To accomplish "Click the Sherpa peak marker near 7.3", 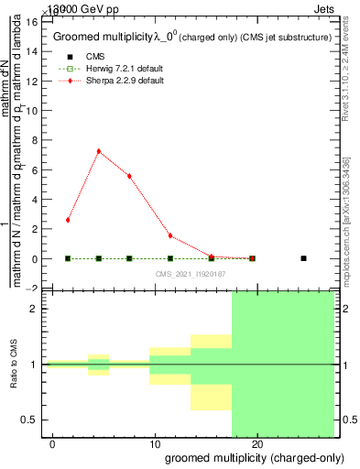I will tap(98, 151).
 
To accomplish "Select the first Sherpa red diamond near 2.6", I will tap(68, 220).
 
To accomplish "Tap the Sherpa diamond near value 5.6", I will tap(129, 176).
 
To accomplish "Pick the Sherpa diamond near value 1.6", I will tap(170, 235).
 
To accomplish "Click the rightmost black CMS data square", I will tap(303, 258).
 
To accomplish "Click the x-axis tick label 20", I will tap(257, 443).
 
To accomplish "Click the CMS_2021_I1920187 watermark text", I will tap(190, 274).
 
